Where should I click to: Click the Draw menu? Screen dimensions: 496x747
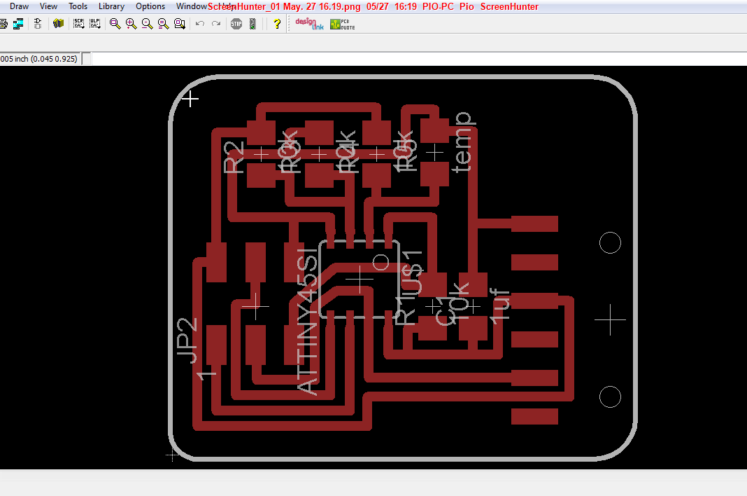19,6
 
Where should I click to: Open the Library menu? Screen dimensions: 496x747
111,6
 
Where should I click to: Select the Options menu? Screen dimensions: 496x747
150,6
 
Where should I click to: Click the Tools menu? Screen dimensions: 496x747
78,6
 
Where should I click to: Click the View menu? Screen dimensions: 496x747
48,6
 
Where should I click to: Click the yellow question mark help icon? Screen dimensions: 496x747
277,23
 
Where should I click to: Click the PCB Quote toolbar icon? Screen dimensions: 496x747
343,23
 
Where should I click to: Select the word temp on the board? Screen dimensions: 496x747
462,141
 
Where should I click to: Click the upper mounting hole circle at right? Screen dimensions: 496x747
611,242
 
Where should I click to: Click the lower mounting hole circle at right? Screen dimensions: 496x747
611,397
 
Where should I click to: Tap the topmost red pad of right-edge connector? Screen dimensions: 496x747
534,223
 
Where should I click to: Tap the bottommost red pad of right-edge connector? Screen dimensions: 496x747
534,416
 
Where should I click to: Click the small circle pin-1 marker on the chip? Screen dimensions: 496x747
381,262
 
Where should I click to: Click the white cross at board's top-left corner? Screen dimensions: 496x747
190,99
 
